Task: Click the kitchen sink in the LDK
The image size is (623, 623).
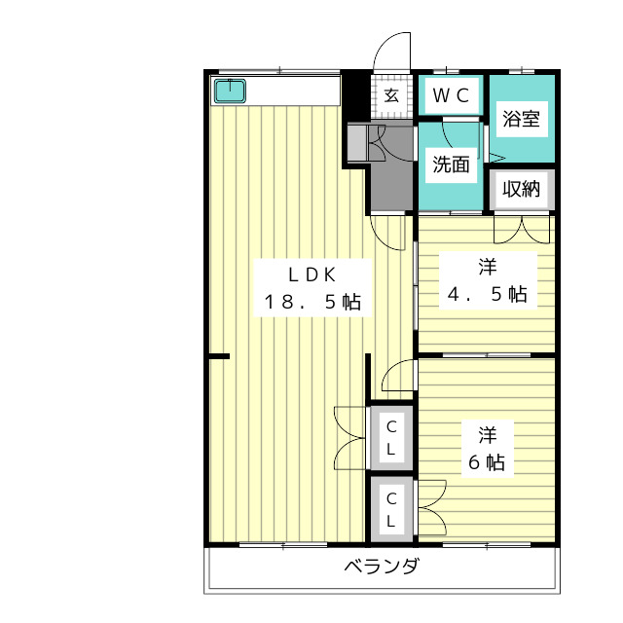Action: [230, 91]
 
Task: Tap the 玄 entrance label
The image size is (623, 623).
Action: [391, 95]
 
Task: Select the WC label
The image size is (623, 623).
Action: [451, 95]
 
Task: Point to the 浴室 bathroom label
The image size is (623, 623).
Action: [522, 119]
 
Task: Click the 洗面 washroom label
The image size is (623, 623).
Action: [451, 165]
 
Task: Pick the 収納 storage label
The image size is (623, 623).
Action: [522, 189]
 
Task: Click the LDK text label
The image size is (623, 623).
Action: [312, 275]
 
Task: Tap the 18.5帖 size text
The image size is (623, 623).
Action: [312, 302]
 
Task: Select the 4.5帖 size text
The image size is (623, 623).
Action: [488, 294]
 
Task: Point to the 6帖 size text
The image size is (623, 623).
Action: [487, 462]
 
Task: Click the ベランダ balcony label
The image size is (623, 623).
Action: [382, 566]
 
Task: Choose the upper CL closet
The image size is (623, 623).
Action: [391, 438]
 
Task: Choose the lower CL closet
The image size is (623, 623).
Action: [391, 509]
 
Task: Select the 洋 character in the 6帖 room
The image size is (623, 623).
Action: [487, 435]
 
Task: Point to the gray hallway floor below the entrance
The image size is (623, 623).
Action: [391, 179]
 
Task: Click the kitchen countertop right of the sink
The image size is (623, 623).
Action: [293, 91]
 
